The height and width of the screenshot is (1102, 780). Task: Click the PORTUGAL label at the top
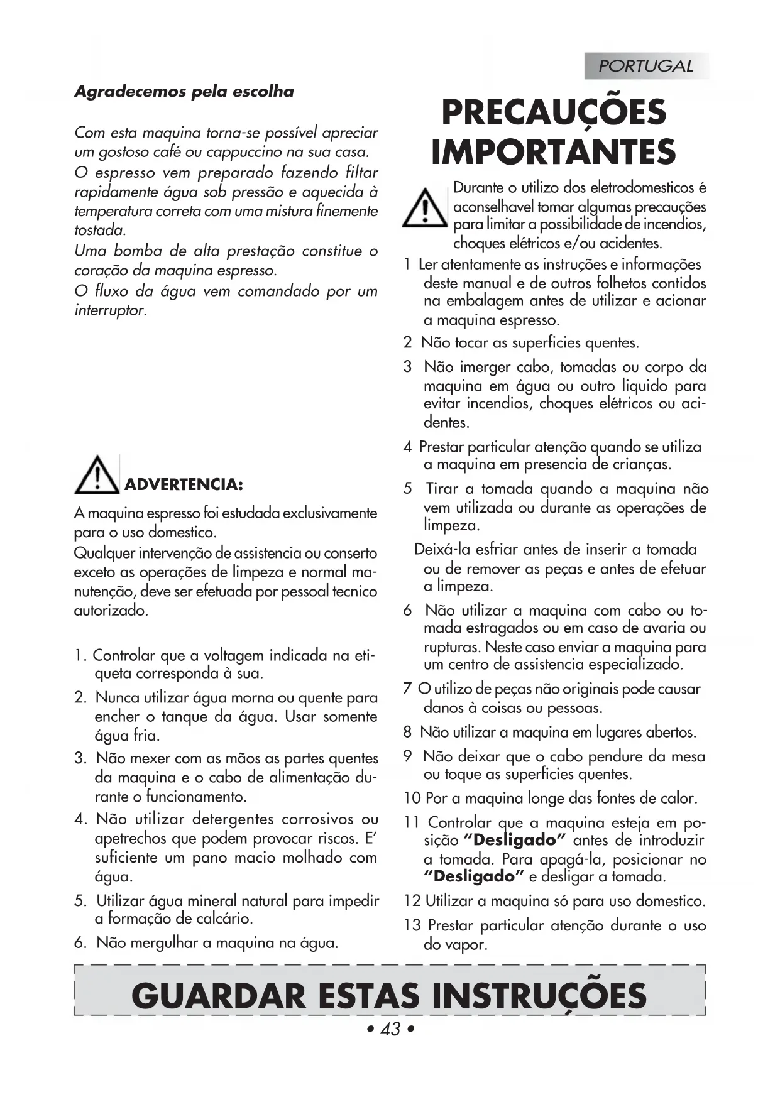[645, 66]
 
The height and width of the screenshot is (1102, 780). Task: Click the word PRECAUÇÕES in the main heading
[553, 113]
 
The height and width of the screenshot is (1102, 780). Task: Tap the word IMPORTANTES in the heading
[553, 153]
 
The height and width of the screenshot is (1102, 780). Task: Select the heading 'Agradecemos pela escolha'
[184, 92]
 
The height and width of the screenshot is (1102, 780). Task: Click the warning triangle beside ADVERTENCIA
[97, 475]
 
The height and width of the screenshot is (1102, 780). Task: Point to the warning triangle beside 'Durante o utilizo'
[425, 207]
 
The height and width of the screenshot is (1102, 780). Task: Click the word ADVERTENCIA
[184, 484]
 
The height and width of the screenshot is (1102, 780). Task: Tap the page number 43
[390, 1029]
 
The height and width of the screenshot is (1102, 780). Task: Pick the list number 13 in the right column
[412, 925]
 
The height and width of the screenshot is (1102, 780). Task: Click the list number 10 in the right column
[412, 799]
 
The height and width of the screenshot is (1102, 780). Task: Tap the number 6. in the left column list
[81, 943]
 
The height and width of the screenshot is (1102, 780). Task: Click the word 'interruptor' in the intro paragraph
[109, 310]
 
